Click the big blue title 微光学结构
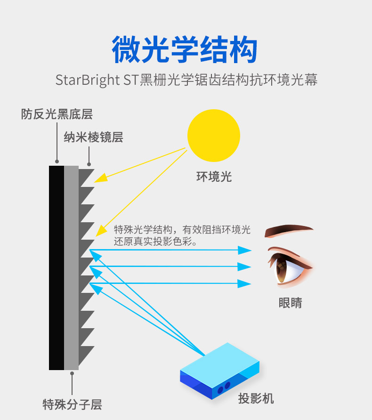(x=186, y=49)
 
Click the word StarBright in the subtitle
(x=88, y=79)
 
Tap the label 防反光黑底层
(x=57, y=114)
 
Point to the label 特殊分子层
(x=72, y=404)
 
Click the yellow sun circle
(x=214, y=136)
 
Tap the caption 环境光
(x=214, y=177)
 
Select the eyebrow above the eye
(x=288, y=231)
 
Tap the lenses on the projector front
(x=224, y=388)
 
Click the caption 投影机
(x=256, y=399)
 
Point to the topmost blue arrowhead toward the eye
(x=245, y=250)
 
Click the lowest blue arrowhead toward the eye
(x=245, y=283)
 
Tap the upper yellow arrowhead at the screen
(x=100, y=179)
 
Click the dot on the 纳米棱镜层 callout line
(x=89, y=163)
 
